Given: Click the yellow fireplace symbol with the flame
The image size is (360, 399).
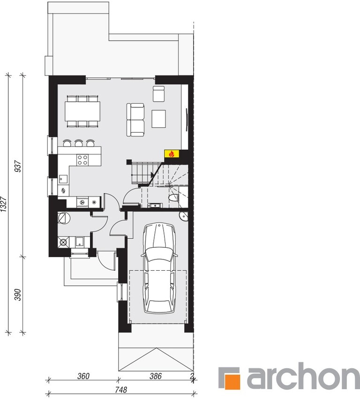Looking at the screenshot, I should click(171, 153).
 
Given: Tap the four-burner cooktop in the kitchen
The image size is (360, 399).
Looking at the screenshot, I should click(83, 160).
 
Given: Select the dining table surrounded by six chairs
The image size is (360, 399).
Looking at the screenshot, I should click(82, 111).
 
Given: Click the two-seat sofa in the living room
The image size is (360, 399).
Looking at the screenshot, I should click(136, 120).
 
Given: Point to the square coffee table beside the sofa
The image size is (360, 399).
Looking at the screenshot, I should click(159, 118).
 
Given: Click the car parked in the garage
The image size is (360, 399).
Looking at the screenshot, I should click(159, 268).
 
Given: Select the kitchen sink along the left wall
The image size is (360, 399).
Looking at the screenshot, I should click(63, 178).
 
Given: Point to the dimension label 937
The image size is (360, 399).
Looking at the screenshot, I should click(19, 166).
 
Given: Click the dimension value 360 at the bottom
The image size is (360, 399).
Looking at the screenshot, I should click(83, 376).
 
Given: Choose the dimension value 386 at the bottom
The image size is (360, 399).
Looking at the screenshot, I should click(156, 376).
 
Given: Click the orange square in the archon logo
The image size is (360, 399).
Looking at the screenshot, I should click(230, 377).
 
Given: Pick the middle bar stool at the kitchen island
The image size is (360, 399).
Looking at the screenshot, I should click(78, 142).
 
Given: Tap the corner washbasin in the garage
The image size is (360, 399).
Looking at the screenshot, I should click(183, 215).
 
